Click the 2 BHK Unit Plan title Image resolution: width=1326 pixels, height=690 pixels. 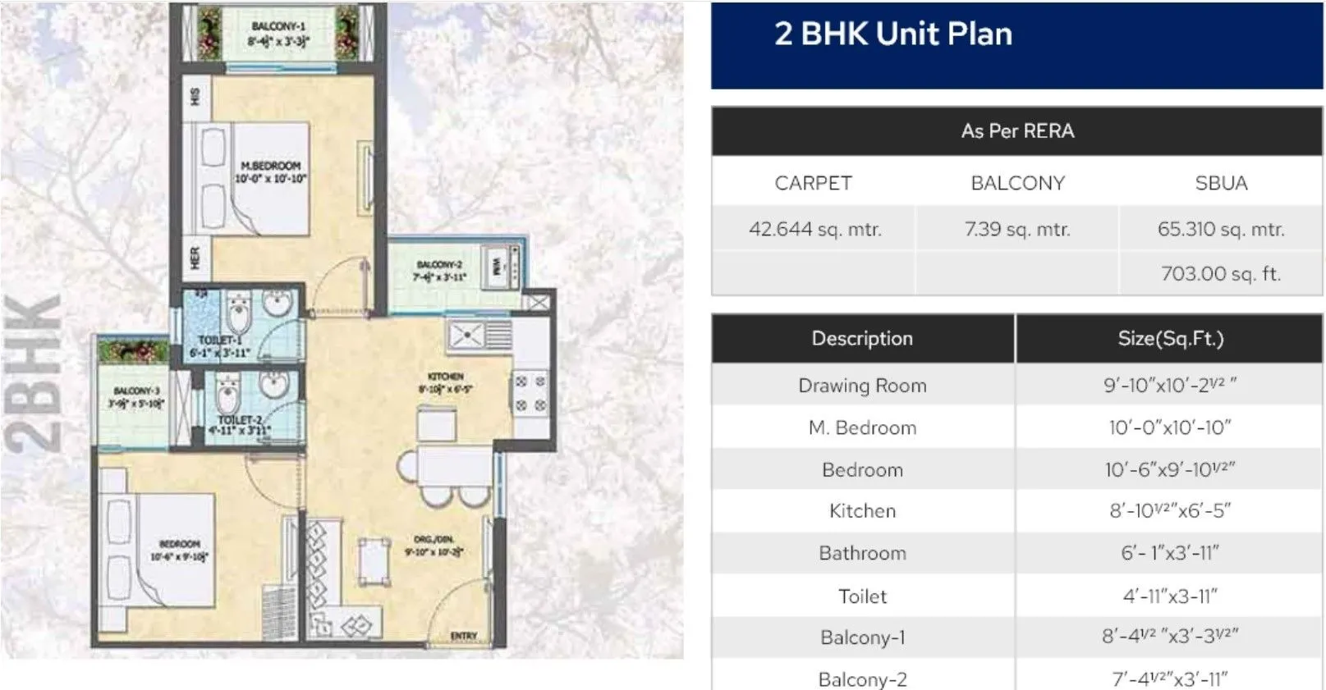pos(892,34)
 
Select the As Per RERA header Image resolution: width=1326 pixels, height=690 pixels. pos(1017,131)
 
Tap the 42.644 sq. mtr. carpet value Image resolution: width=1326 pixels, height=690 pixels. pos(814,229)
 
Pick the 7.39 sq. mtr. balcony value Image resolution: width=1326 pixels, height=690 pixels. pos(1017,229)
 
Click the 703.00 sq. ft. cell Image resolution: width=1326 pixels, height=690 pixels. pos(1220,273)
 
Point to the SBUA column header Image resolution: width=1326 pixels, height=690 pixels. pos(1221,183)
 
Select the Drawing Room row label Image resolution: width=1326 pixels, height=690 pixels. pos(862,386)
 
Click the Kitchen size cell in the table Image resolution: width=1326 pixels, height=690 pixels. pos(1170,510)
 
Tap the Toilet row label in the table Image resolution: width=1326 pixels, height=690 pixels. pos(862,596)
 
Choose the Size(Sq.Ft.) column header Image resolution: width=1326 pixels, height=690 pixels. pos(1170,338)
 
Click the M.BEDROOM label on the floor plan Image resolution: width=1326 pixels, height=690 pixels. pos(271,166)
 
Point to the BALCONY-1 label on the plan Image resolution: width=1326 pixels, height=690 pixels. pos(278,26)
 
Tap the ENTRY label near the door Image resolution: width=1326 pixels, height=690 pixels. pos(464,636)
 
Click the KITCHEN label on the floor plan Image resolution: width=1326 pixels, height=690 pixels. pos(446,377)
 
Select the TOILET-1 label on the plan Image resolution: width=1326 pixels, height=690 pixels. pos(219,340)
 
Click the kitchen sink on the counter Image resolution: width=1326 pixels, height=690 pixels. pos(466,335)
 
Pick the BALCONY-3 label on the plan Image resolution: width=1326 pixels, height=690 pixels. pos(137,391)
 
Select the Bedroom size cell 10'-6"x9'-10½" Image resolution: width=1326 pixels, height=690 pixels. pos(1170,469)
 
